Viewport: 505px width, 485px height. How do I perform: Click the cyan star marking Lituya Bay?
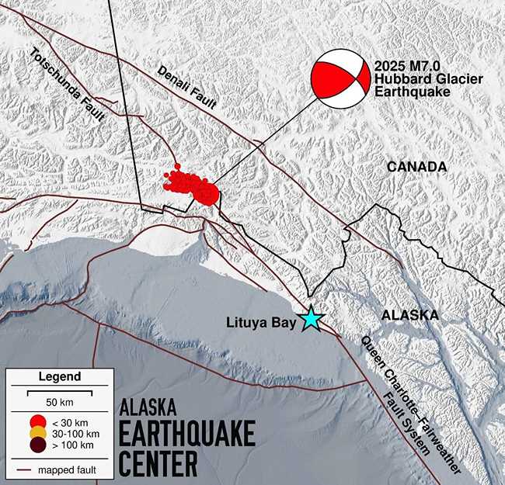312,318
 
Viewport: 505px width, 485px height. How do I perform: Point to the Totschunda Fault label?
57,86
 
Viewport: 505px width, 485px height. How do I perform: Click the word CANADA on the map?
416,167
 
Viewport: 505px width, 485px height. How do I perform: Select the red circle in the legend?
37,422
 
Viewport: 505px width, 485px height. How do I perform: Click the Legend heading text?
59,377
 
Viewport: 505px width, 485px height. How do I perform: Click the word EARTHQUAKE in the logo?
186,436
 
